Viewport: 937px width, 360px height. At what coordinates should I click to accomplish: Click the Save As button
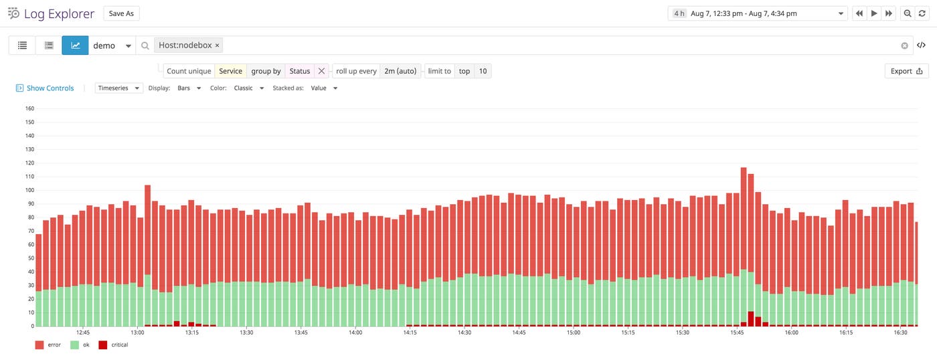pos(121,13)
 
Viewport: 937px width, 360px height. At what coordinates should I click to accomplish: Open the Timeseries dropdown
pos(119,88)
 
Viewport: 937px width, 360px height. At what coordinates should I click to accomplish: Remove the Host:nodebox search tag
pos(218,46)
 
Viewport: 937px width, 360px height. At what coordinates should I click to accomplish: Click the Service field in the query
pos(230,71)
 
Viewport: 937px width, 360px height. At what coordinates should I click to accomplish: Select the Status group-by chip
pos(299,71)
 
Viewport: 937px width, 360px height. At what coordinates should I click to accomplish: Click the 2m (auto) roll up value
pos(400,71)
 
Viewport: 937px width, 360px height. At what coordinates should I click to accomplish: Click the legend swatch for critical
pos(102,345)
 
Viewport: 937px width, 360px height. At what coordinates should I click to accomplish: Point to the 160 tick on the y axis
pos(29,108)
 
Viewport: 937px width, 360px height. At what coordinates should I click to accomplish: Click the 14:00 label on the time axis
pos(355,333)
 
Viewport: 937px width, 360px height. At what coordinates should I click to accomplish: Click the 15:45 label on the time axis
pos(737,333)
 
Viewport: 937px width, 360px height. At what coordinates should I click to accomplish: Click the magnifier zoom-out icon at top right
pos(908,13)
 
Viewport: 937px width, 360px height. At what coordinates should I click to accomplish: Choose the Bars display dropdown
pos(189,88)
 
